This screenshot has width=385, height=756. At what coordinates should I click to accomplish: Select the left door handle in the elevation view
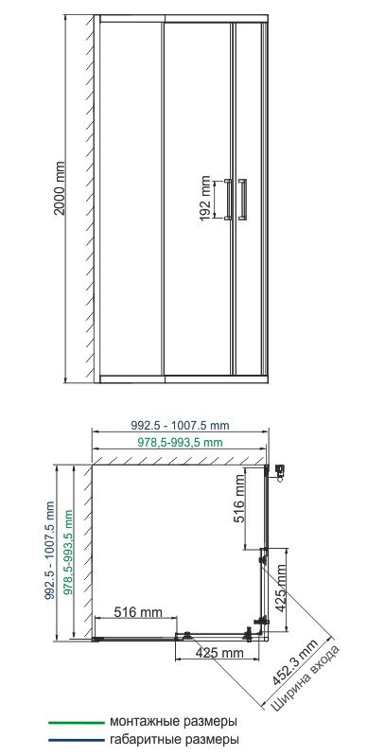click(228, 200)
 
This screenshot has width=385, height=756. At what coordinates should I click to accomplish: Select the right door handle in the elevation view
click(244, 200)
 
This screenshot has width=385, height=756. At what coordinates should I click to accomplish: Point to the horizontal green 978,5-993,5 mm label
click(177, 443)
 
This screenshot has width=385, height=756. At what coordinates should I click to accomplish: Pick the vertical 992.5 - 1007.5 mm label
click(47, 551)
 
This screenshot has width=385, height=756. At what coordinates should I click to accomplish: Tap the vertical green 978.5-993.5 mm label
click(67, 551)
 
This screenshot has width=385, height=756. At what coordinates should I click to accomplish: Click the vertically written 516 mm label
click(240, 501)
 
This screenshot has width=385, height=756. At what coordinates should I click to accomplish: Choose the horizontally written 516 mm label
click(138, 613)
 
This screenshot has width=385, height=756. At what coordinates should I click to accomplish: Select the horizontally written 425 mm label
click(219, 653)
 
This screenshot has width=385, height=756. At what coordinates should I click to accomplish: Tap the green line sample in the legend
click(75, 721)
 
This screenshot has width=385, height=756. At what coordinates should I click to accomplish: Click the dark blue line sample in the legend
click(75, 739)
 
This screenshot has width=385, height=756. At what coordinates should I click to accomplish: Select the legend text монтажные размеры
click(172, 721)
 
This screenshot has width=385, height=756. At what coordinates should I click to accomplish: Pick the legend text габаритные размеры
click(172, 739)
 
